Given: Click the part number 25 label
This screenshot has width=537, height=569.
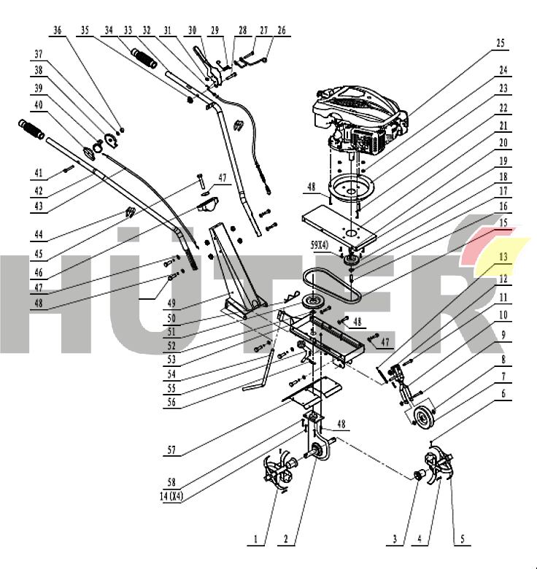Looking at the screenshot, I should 501,43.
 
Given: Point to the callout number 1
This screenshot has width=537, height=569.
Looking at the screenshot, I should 256,540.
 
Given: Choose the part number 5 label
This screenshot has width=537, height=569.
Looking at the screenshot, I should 461,540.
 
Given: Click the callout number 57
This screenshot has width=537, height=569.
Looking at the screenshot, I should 171,451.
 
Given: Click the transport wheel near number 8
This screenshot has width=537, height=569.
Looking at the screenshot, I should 422,418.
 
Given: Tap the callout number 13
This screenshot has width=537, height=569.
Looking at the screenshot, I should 503,256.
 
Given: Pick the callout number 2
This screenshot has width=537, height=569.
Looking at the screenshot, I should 286,540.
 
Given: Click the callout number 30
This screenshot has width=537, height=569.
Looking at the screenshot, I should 192,31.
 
